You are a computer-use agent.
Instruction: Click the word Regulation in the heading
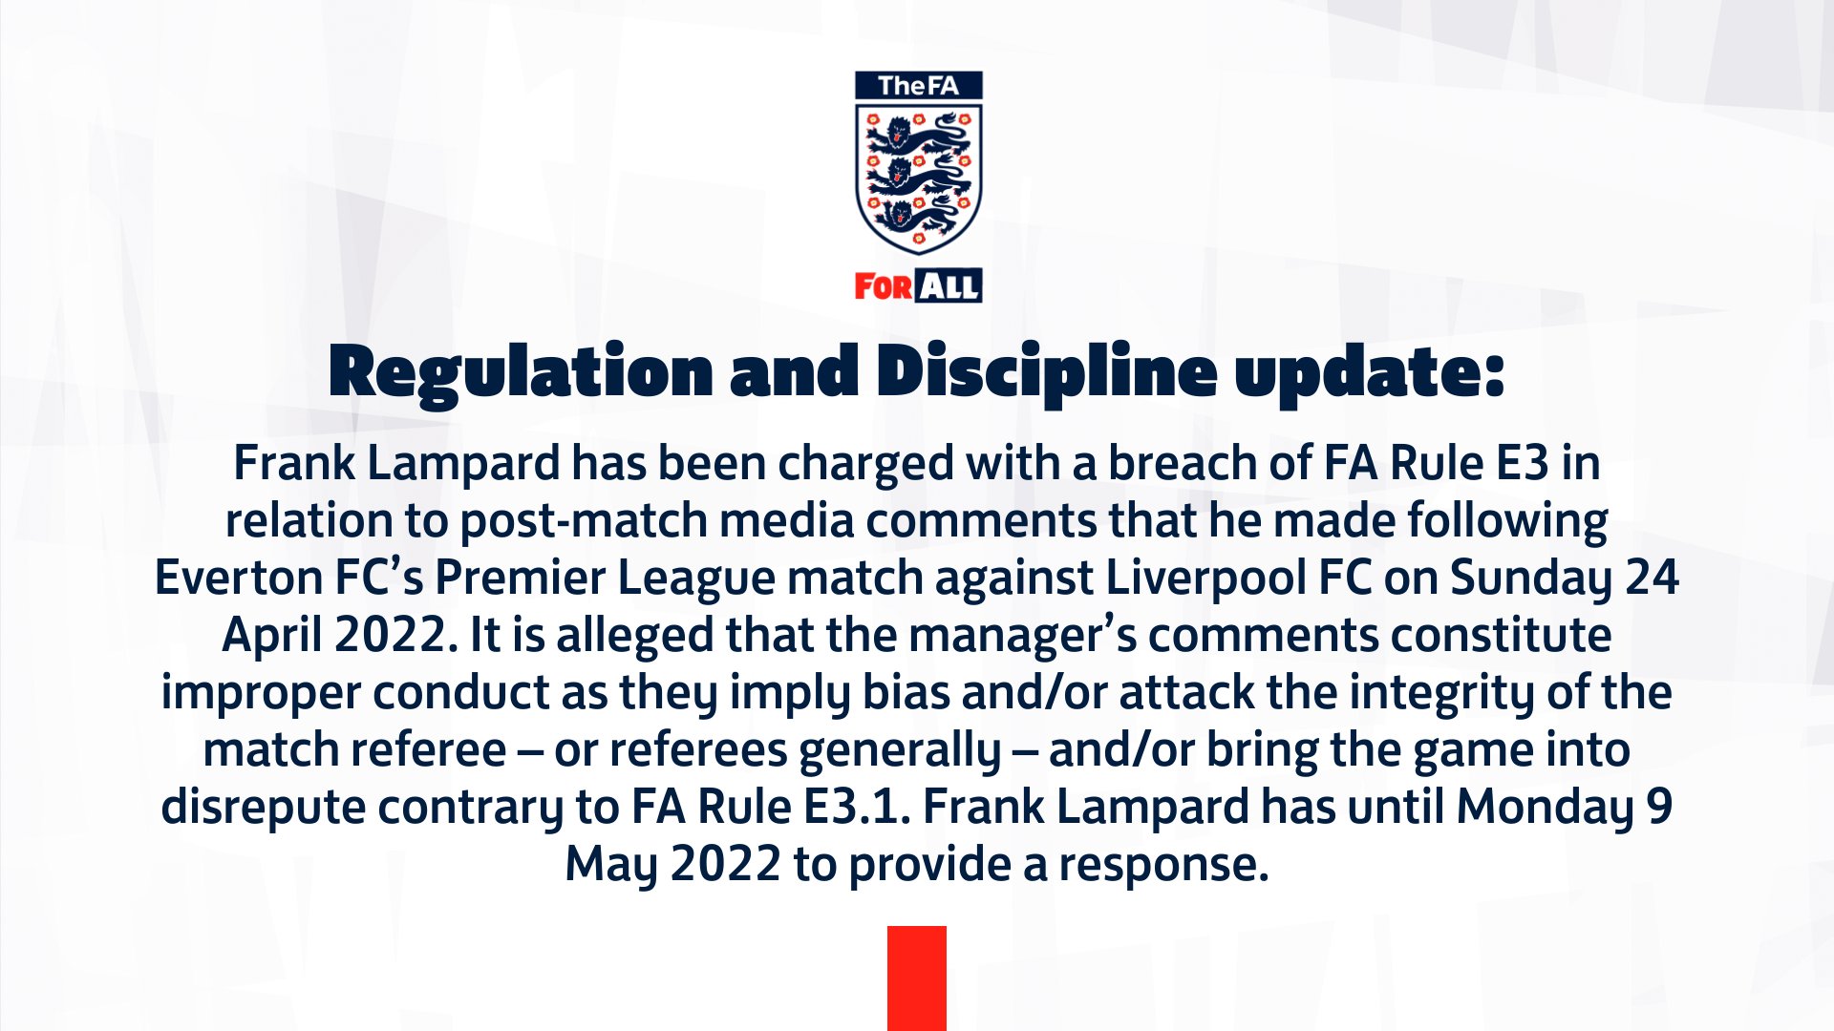pos(521,373)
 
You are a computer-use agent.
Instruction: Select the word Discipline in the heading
pos(1047,373)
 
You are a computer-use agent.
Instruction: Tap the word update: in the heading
pos(1370,373)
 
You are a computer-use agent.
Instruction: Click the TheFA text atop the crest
pos(918,86)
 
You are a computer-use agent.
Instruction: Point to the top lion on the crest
pos(918,137)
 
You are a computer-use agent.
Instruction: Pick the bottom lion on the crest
pos(918,218)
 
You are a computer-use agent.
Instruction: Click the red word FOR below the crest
pos(884,286)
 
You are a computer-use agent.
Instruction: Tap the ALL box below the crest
pos(949,285)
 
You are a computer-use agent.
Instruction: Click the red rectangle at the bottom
pos(917,978)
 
